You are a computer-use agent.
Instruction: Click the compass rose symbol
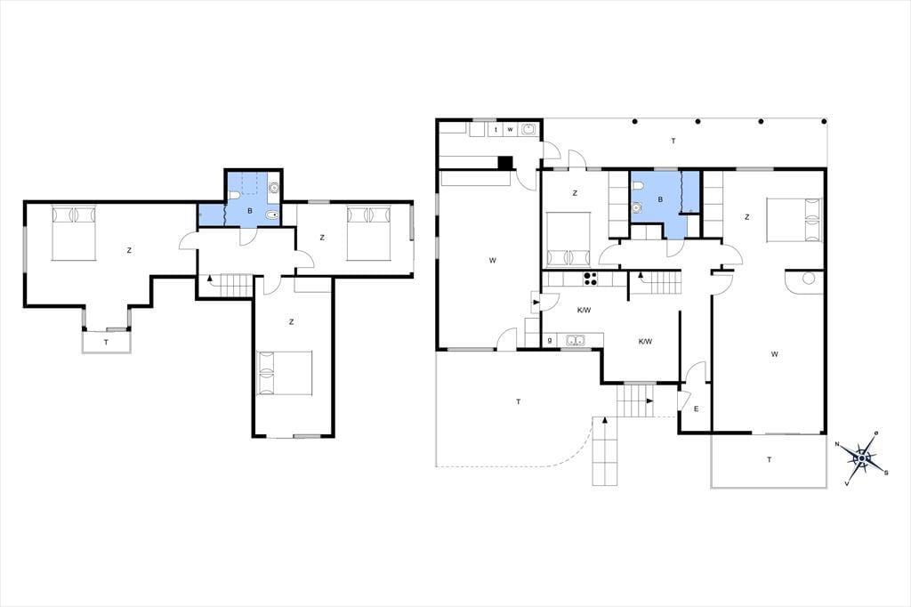click(862, 458)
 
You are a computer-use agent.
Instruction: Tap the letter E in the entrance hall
click(696, 409)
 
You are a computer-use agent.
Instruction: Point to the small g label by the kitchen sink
click(549, 340)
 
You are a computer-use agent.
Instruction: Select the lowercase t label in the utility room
click(496, 130)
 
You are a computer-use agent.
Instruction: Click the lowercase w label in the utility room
click(510, 130)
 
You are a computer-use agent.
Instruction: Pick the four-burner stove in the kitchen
click(591, 279)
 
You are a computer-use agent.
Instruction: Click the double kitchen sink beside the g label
click(576, 340)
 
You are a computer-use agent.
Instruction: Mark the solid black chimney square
click(506, 164)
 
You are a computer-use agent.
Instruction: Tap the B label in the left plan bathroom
click(250, 211)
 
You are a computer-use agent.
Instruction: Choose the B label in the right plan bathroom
click(661, 199)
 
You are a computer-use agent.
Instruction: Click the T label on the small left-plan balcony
click(106, 343)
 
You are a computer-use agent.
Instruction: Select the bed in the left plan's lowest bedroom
click(284, 373)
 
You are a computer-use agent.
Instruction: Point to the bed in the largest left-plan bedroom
click(73, 232)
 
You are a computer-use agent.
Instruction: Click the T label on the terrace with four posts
click(673, 141)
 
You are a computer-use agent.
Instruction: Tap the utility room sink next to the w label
click(529, 130)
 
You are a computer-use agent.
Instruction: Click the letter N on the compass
click(837, 445)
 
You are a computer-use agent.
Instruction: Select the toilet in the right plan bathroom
click(638, 187)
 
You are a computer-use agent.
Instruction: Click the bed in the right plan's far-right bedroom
click(794, 219)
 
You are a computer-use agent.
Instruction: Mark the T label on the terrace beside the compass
click(770, 460)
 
